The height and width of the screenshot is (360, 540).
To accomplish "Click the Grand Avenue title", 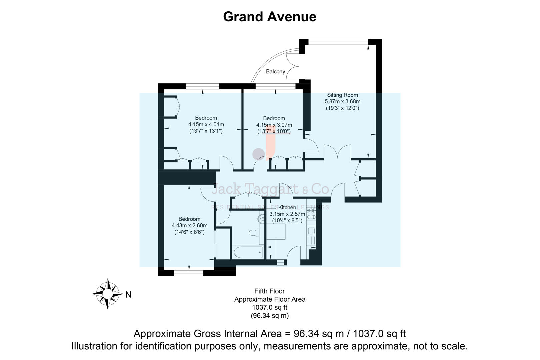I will [x=269, y=17].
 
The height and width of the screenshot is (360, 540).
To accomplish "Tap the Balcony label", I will [x=275, y=72].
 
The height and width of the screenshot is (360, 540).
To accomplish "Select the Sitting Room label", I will [x=342, y=95].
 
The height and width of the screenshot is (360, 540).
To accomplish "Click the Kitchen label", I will [x=287, y=208].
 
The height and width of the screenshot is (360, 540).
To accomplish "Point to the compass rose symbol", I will [x=107, y=294].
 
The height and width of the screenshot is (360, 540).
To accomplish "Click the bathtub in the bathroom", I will [x=248, y=252].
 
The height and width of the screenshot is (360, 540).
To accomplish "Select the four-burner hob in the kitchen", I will [x=311, y=214].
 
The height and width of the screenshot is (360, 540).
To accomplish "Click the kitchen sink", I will [x=311, y=231].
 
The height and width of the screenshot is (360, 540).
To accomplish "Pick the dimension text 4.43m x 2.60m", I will [x=189, y=226].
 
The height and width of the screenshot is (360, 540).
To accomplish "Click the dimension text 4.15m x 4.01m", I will [x=206, y=124].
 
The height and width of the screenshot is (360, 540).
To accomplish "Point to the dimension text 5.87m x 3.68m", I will [x=342, y=102].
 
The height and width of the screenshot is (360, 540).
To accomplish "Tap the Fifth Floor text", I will [x=269, y=291].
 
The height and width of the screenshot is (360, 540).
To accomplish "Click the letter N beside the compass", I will [x=128, y=295].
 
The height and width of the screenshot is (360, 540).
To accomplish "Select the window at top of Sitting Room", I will [x=338, y=42].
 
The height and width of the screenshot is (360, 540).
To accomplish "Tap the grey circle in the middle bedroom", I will [x=258, y=154].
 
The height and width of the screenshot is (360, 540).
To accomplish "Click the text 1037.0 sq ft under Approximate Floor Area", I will [x=269, y=307].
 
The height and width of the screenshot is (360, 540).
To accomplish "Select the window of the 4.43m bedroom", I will [x=189, y=273].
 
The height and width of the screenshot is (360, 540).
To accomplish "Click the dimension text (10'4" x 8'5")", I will [x=287, y=220].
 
